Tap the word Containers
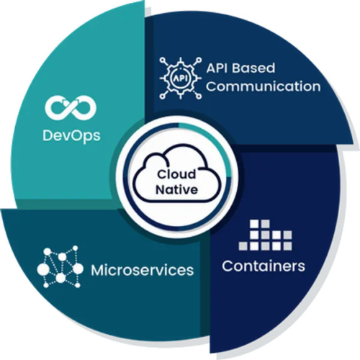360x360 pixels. click(x=263, y=266)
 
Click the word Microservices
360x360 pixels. click(x=142, y=271)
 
